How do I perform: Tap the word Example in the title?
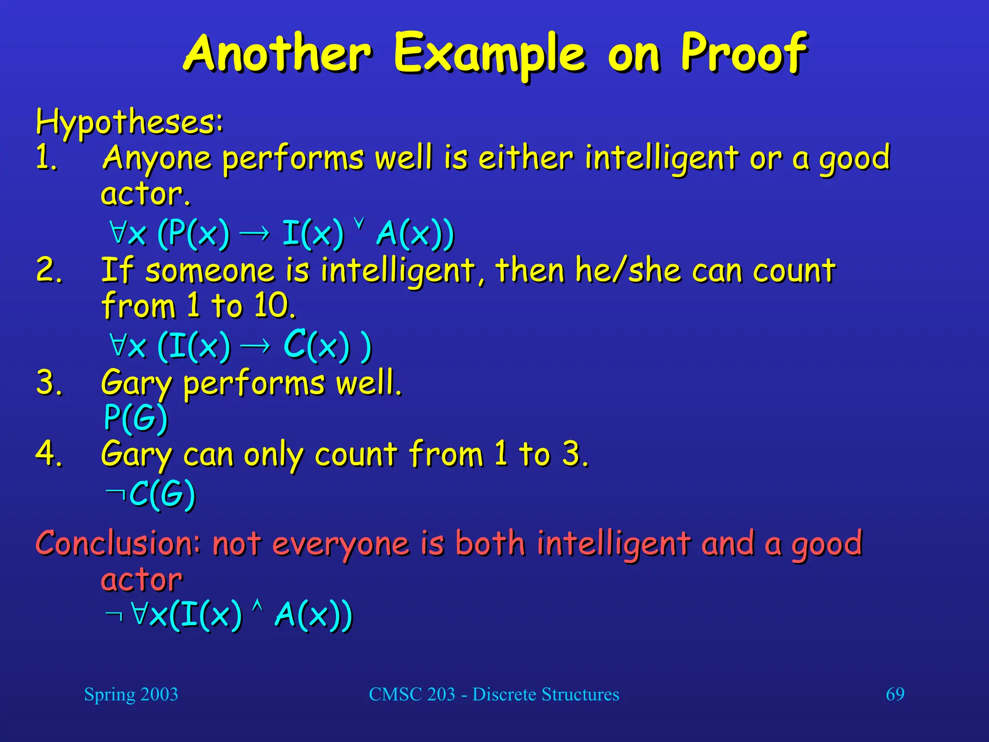pyautogui.click(x=490, y=54)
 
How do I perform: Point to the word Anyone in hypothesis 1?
pyautogui.click(x=157, y=158)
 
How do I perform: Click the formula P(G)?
pyautogui.click(x=136, y=417)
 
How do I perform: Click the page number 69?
pyautogui.click(x=895, y=695)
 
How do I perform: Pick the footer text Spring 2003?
pyautogui.click(x=131, y=695)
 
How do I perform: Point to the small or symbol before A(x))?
pyautogui.click(x=358, y=223)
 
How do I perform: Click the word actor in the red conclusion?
pyautogui.click(x=141, y=580)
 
